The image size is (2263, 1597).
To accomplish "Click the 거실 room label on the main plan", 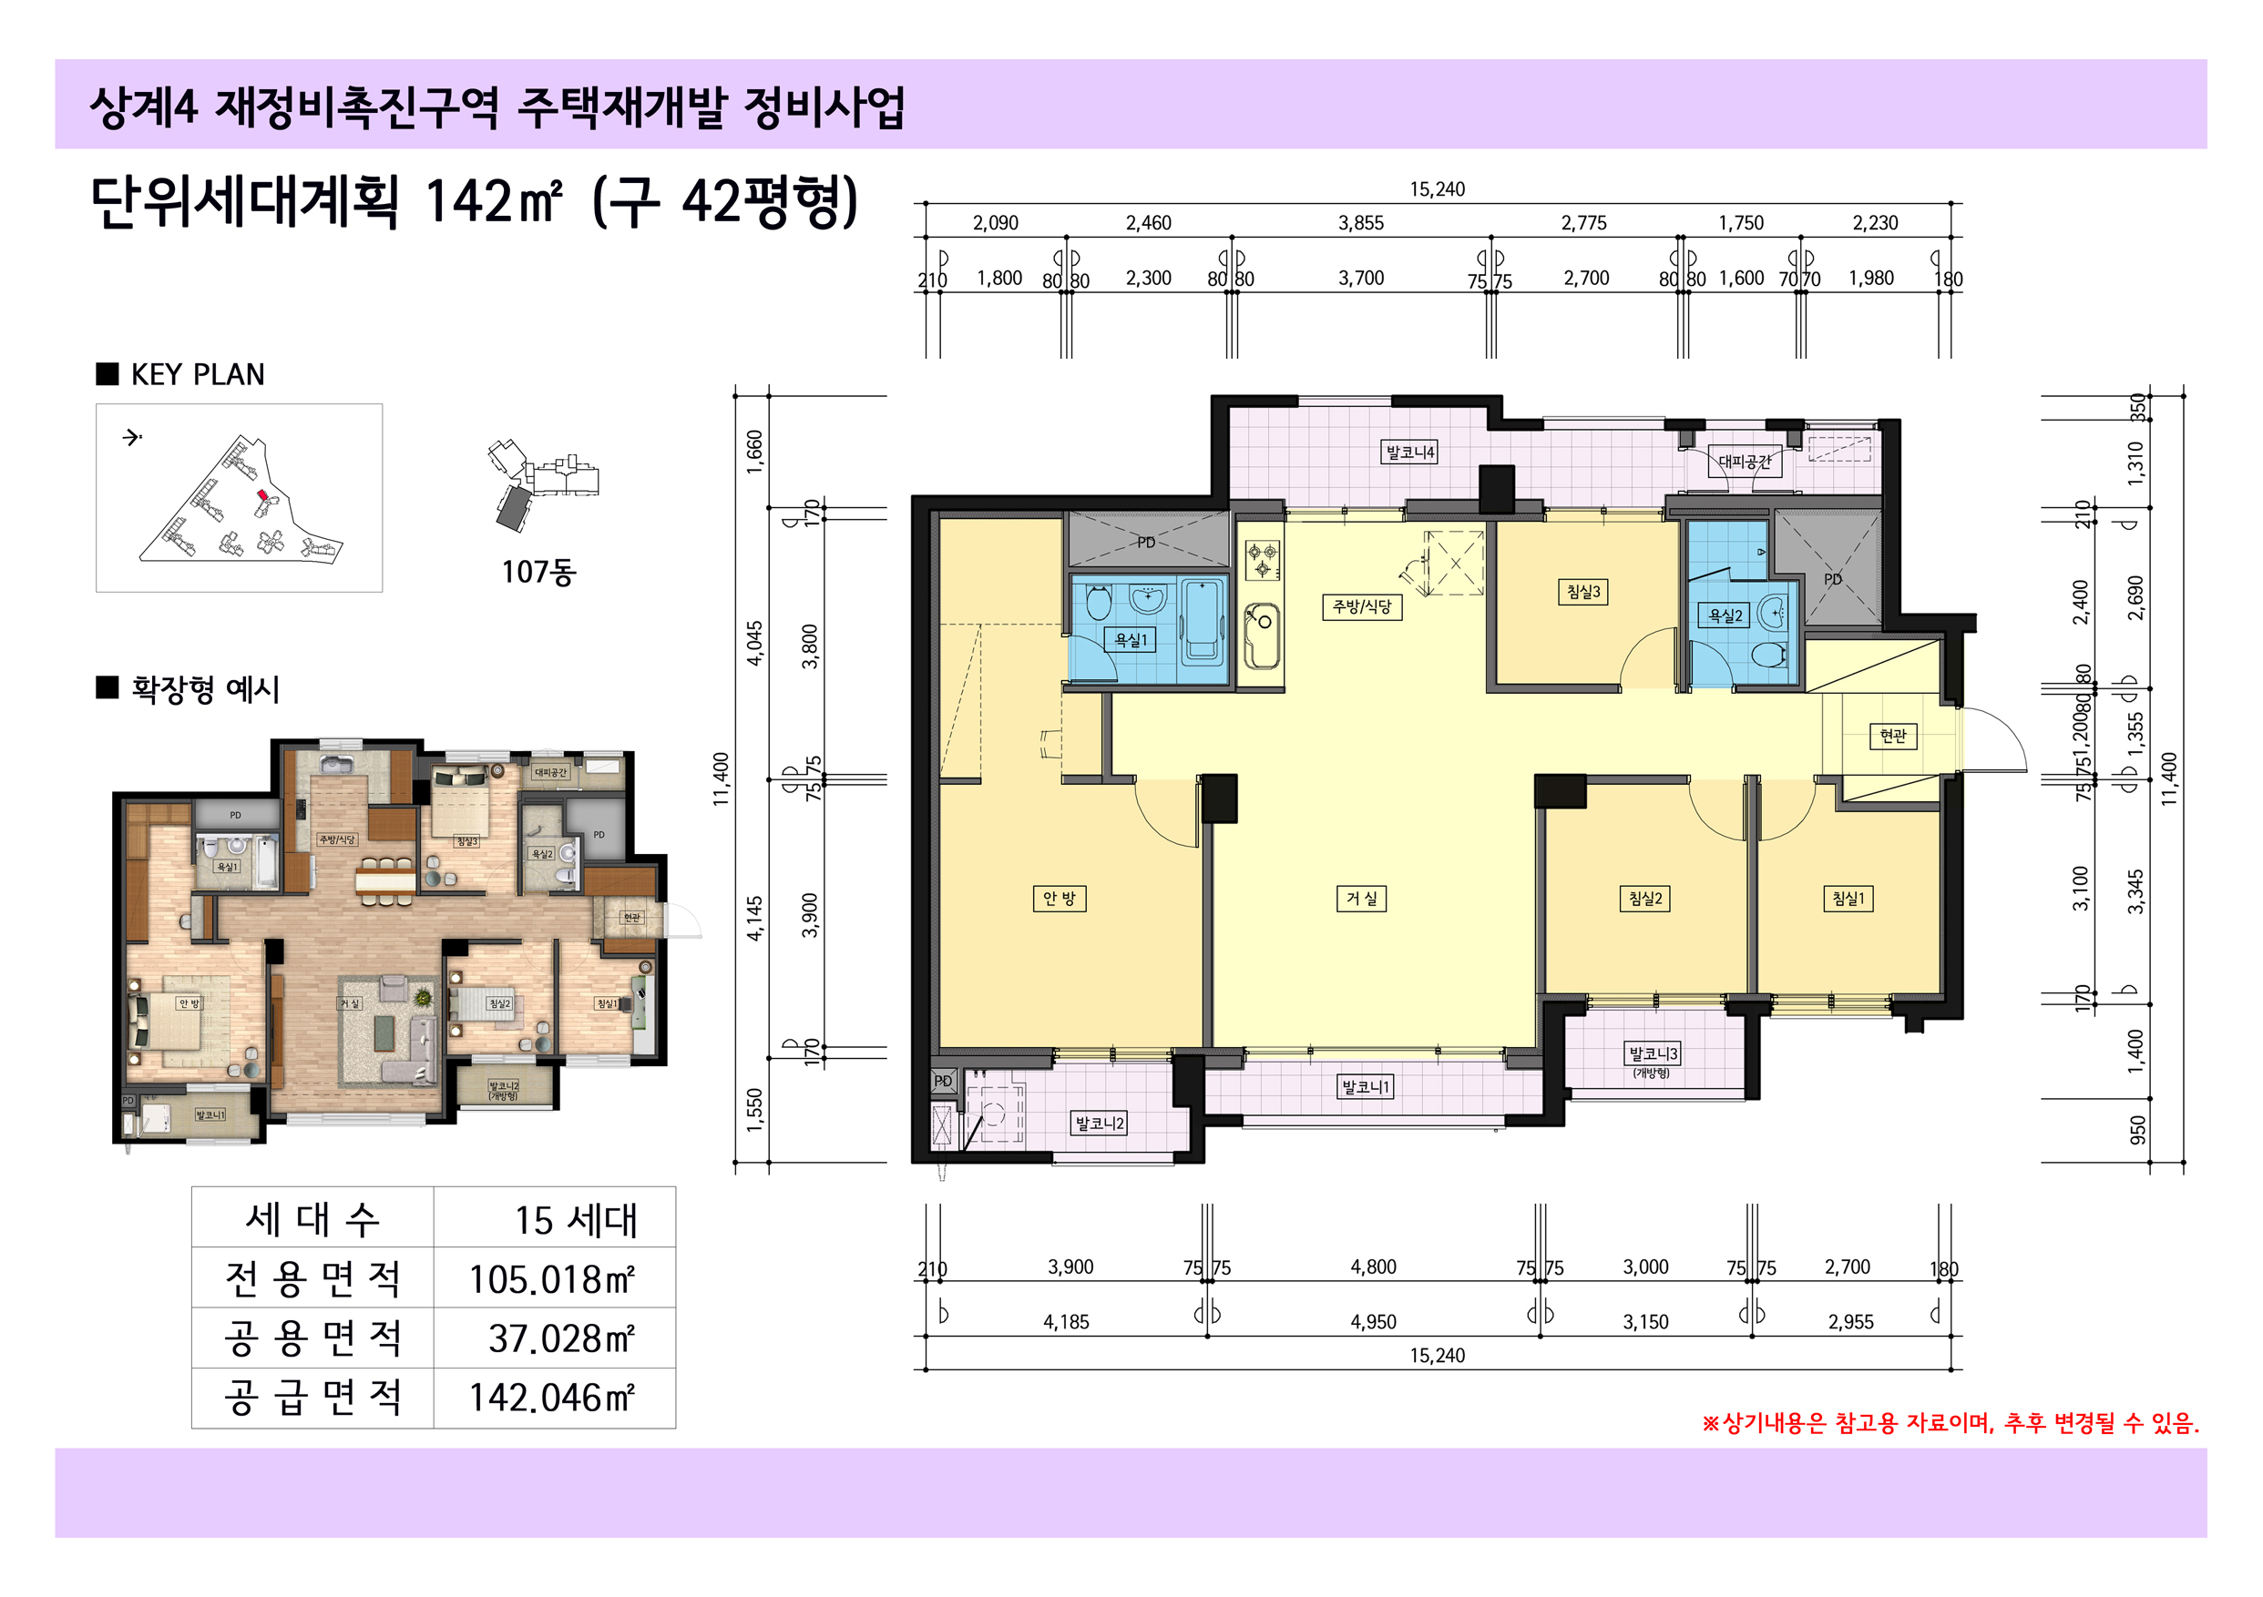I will pyautogui.click(x=1362, y=899).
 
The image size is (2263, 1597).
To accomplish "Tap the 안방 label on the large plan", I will pyautogui.click(x=1060, y=899).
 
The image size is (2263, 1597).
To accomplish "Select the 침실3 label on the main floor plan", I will pyautogui.click(x=1584, y=591).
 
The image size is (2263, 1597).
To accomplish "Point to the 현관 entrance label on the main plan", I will pyautogui.click(x=1892, y=736).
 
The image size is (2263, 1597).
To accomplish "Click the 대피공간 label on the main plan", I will pyautogui.click(x=1745, y=461).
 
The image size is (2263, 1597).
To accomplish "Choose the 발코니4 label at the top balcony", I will pyautogui.click(x=1410, y=453).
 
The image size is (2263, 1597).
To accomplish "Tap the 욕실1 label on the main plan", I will pyautogui.click(x=1131, y=640).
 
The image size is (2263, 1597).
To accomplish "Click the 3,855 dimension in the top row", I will pyautogui.click(x=1360, y=224).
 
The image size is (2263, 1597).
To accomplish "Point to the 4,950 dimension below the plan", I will pyautogui.click(x=1373, y=1322).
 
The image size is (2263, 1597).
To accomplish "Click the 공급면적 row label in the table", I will pyautogui.click(x=312, y=1398).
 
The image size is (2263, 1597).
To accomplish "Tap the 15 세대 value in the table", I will pyautogui.click(x=576, y=1221).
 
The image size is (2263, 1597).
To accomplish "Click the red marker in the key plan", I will pyautogui.click(x=262, y=495).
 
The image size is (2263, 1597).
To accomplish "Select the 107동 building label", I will pyautogui.click(x=538, y=572).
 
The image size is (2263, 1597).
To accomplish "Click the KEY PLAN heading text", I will pyautogui.click(x=197, y=375).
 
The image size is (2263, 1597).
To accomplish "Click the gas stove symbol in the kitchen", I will pyautogui.click(x=1263, y=561).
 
